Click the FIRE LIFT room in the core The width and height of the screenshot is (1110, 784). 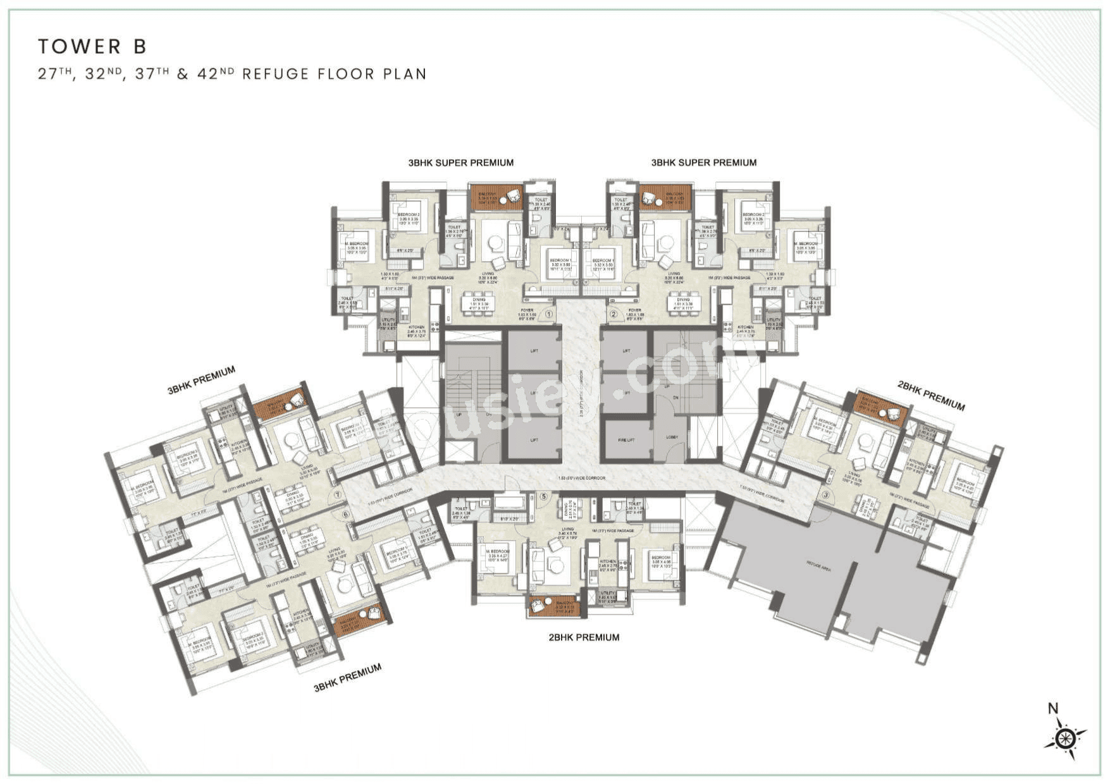point(626,439)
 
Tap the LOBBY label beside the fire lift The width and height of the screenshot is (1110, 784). point(671,437)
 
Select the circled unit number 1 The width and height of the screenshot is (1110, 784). point(548,314)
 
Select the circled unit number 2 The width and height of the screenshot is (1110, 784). point(612,314)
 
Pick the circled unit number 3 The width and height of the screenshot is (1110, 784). point(825,494)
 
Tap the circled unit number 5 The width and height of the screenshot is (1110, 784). point(543,497)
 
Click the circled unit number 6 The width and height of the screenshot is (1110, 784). point(345,514)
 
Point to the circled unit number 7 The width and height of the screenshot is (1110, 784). point(338,495)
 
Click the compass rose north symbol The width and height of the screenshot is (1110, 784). point(1065,737)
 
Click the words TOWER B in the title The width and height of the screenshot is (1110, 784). point(92,46)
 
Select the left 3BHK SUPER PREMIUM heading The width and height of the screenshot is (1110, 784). point(460,162)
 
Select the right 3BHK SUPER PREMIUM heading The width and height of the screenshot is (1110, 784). point(703,162)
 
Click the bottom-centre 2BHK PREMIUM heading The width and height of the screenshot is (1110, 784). point(583,637)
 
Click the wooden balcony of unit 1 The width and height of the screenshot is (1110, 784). point(496,198)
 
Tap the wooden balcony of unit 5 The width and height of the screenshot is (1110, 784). point(554,606)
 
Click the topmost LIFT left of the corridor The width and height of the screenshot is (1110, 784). point(534,350)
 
